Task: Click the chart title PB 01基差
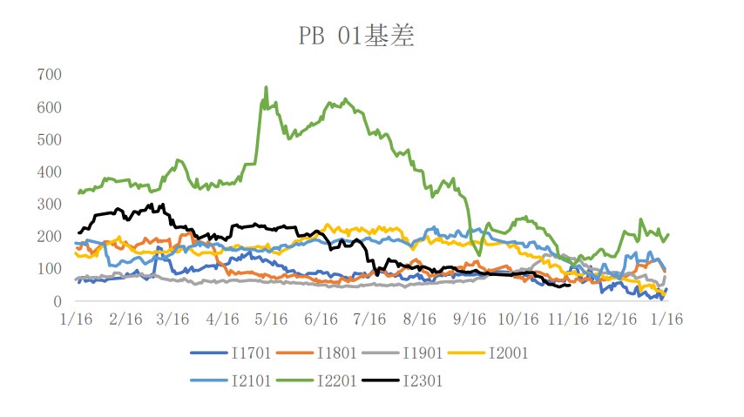(x=355, y=36)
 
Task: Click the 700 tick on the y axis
(x=49, y=75)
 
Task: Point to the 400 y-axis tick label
(x=49, y=172)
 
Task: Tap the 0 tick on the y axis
(x=57, y=302)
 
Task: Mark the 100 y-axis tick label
(x=49, y=269)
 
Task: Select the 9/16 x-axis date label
(x=470, y=320)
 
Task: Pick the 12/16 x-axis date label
(x=616, y=320)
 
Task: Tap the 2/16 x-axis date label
(x=127, y=320)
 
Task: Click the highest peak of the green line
(x=266, y=87)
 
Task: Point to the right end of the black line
(x=570, y=285)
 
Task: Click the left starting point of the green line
(x=78, y=192)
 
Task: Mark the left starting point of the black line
(x=78, y=232)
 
